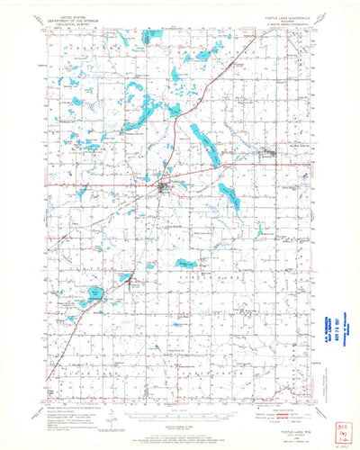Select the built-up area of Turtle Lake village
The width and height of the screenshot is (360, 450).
[x=163, y=189]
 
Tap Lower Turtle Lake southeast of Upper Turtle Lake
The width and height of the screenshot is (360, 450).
[x=229, y=196]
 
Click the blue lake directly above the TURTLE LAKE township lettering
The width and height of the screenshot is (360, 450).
[x=186, y=264]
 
